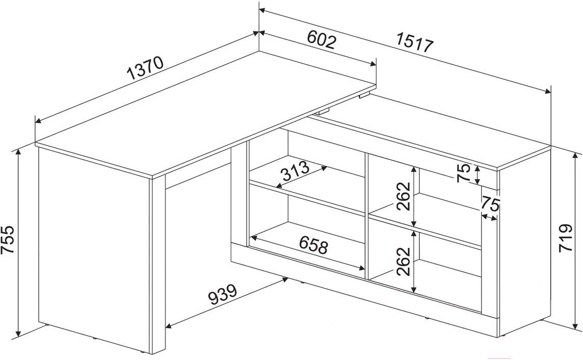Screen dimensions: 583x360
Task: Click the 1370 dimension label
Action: (x=145, y=68)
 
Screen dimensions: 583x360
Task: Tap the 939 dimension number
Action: (x=222, y=294)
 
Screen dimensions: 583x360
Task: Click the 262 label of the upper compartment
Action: (x=403, y=196)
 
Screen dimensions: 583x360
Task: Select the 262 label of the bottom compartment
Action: (x=403, y=261)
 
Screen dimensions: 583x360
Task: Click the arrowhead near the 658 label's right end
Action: (x=361, y=267)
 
